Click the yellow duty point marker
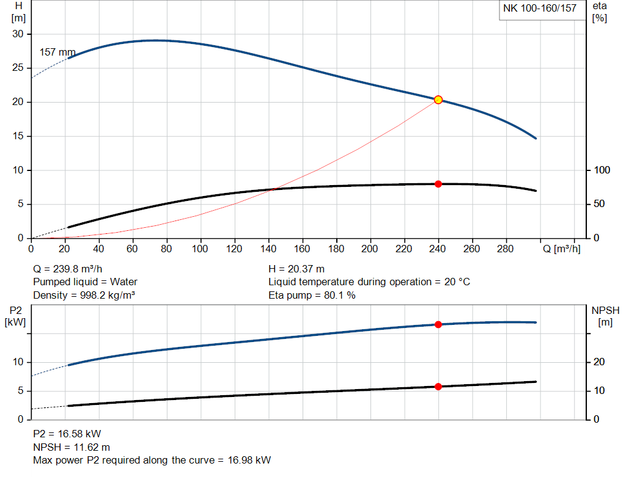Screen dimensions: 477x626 (x=438, y=100)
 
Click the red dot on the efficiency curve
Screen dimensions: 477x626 (x=438, y=184)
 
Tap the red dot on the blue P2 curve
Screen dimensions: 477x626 (x=438, y=324)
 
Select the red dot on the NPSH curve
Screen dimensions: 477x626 (x=438, y=387)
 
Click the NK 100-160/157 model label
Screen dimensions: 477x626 (x=539, y=9)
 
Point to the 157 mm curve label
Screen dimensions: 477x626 (x=57, y=53)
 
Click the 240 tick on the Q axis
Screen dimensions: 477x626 (x=437, y=249)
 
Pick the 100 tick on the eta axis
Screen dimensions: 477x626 (x=602, y=170)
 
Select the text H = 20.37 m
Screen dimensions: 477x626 (x=296, y=269)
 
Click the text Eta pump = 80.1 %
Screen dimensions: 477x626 (x=312, y=295)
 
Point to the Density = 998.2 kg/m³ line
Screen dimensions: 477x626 (x=84, y=295)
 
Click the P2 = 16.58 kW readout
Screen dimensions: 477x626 (x=67, y=434)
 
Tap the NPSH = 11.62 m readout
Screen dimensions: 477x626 (x=72, y=447)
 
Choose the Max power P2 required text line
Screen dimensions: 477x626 (x=152, y=460)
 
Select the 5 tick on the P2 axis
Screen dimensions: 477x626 (x=19, y=391)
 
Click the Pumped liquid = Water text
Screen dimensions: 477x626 (x=85, y=282)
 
